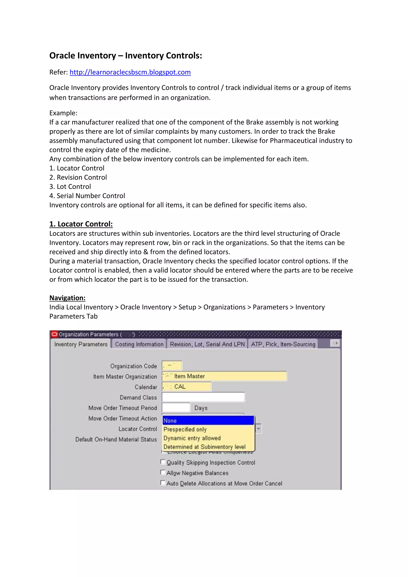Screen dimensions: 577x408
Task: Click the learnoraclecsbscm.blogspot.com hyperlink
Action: pyautogui.click(x=130, y=72)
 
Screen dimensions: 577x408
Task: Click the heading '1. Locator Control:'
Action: pyautogui.click(x=81, y=224)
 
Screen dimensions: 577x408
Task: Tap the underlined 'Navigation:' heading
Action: pyautogui.click(x=67, y=298)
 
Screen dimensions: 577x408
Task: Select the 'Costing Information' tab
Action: pyautogui.click(x=139, y=344)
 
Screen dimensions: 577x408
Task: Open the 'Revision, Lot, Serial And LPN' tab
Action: pyautogui.click(x=207, y=344)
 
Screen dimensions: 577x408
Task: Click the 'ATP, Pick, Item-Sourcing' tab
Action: pyautogui.click(x=283, y=344)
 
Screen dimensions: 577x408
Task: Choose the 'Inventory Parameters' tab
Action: pyautogui.click(x=81, y=344)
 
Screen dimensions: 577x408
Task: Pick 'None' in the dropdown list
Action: pyautogui.click(x=208, y=420)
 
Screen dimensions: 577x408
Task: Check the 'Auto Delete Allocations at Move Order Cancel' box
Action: pyautogui.click(x=163, y=483)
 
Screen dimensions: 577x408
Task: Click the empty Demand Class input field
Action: pyautogui.click(x=203, y=397)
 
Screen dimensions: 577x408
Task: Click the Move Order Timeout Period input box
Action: pyautogui.click(x=176, y=407)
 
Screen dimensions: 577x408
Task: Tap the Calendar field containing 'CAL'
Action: pyautogui.click(x=186, y=387)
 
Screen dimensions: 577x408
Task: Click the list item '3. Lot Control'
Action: pyautogui.click(x=70, y=186)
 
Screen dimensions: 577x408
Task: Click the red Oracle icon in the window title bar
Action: pyautogui.click(x=54, y=334)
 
